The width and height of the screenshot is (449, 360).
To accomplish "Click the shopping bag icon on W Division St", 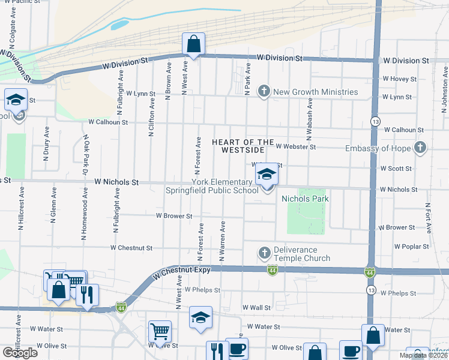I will click(x=193, y=44).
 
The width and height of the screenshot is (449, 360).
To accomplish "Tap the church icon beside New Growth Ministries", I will click(x=263, y=92).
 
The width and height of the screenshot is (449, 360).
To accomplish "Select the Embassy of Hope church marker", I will click(x=420, y=148).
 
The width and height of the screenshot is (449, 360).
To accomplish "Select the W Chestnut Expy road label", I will click(x=182, y=273).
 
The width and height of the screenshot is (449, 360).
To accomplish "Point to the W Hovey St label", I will click(x=399, y=79).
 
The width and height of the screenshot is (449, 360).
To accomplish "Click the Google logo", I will click(x=20, y=353).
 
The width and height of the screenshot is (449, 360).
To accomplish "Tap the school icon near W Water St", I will click(x=200, y=318).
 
